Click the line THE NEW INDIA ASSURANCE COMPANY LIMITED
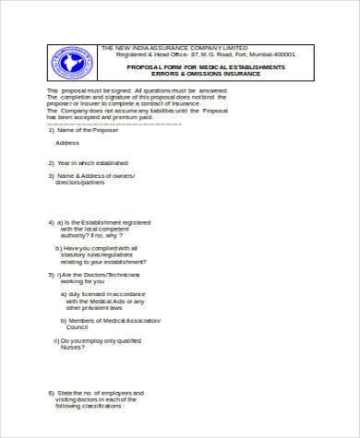pos(174,48)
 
